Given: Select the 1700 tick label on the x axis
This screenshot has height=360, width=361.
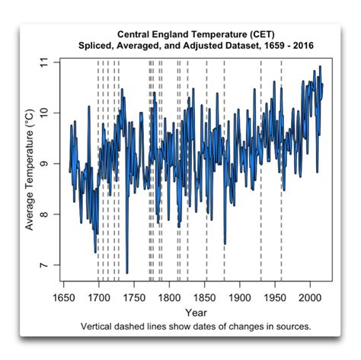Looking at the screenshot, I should [x=98, y=297].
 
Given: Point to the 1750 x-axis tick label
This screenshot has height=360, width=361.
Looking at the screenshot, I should [x=134, y=297].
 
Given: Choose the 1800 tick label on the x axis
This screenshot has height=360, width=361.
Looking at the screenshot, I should [x=169, y=297].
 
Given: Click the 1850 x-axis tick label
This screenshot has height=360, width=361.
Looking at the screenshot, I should [x=205, y=297].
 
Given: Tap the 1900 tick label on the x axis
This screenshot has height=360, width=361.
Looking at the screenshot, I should [x=240, y=297].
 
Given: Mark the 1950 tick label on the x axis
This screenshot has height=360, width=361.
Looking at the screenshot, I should [x=276, y=297].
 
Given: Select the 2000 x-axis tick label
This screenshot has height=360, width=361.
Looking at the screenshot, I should [x=311, y=297].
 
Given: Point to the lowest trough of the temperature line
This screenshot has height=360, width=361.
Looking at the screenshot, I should [x=127, y=272].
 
